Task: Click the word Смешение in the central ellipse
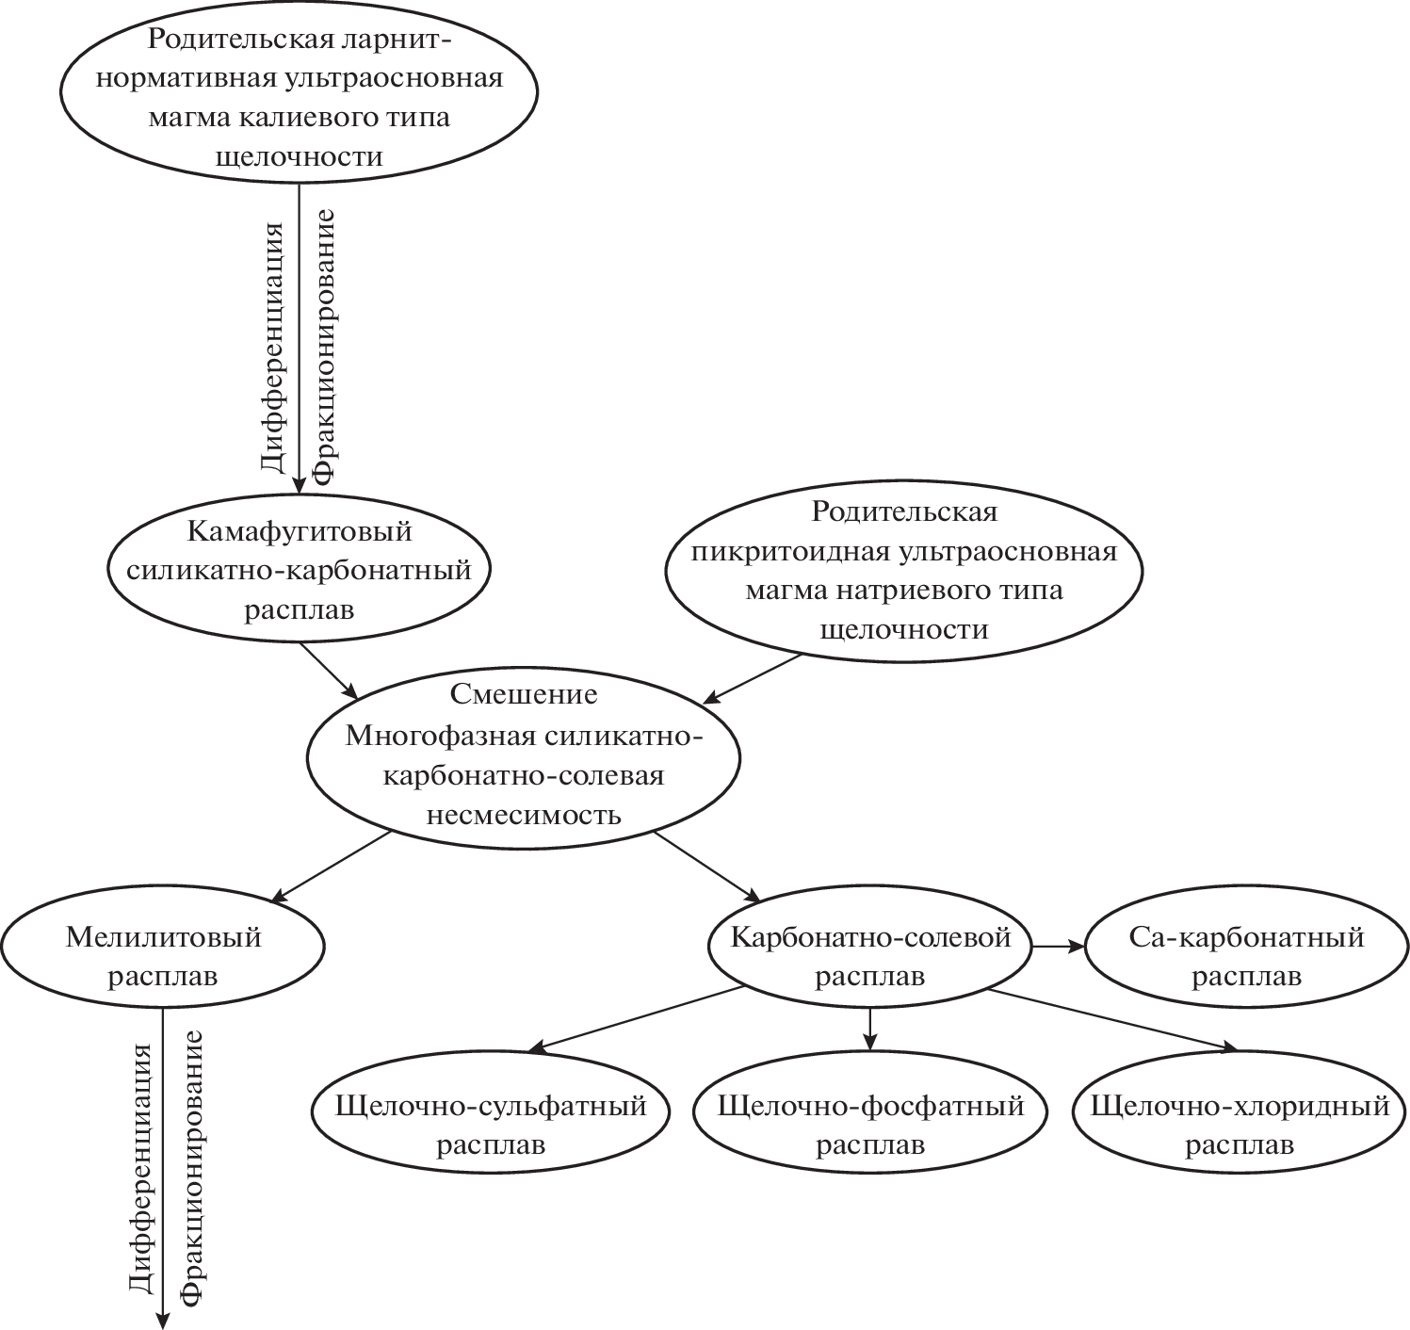(524, 694)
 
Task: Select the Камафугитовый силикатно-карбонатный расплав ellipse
(300, 570)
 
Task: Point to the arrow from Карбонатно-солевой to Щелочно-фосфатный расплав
(870, 1029)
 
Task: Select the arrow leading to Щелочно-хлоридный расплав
(1111, 1018)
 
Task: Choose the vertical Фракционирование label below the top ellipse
(324, 347)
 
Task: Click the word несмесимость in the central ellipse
(524, 814)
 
